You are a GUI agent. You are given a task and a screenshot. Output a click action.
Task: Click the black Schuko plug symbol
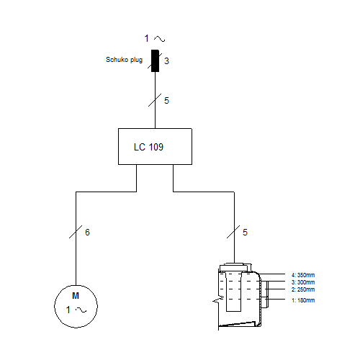pos(155,60)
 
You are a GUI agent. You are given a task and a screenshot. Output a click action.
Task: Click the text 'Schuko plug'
pos(124,60)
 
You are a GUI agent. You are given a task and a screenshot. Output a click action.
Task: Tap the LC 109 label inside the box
pos(148,147)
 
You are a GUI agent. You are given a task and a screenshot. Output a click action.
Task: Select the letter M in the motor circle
pos(76,296)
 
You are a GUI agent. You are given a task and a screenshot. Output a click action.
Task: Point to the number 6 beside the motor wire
pos(87,233)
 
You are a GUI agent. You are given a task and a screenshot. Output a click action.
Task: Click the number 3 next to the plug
pos(166,61)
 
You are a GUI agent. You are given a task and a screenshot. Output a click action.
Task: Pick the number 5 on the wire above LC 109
pos(166,101)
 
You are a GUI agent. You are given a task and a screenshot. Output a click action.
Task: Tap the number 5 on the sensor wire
pos(245,233)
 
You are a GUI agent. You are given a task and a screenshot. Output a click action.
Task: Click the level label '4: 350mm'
pos(303,275)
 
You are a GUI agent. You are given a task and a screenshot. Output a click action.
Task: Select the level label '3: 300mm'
pos(303,282)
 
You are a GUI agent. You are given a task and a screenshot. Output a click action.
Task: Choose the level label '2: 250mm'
pos(303,289)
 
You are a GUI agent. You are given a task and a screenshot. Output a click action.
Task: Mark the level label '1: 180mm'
pos(303,300)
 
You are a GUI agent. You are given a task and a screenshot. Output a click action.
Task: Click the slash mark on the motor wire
pos(76,232)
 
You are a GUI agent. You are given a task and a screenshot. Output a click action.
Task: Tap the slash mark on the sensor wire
pos(233,232)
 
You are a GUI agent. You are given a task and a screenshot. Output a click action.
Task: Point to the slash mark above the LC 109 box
pos(155,100)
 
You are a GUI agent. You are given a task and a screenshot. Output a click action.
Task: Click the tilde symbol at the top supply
pos(160,39)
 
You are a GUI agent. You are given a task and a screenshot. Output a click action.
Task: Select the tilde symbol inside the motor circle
pos(81,310)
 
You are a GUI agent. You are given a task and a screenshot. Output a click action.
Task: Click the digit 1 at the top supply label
pos(147,38)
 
